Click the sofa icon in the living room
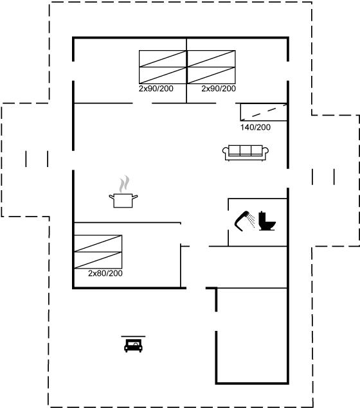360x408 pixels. pos(246,153)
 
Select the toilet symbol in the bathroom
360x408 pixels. pos(267,221)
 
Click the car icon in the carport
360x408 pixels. pos(133,346)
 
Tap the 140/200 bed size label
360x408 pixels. pos(255,127)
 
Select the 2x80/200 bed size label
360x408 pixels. pos(105,273)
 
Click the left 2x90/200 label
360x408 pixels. pos(156,89)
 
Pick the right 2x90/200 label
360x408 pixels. pos(219,89)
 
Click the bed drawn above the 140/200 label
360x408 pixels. pos(264,112)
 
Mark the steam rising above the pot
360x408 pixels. pos(124,184)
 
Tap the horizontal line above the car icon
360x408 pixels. pos(133,337)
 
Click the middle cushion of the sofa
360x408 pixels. pos(246,150)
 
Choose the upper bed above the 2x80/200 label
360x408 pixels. pos(98,244)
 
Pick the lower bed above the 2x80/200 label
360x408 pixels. pos(98,260)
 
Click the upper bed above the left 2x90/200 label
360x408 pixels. pos(163,58)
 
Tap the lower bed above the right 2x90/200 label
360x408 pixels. pos(212,75)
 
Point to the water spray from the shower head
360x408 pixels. pos(251,220)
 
